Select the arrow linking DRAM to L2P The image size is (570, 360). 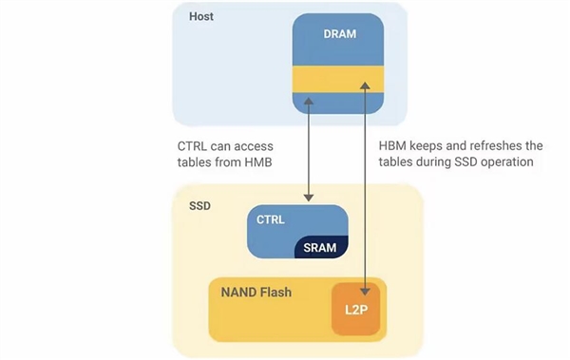coord(366,190)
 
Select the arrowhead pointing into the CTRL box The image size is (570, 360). coord(309,197)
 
